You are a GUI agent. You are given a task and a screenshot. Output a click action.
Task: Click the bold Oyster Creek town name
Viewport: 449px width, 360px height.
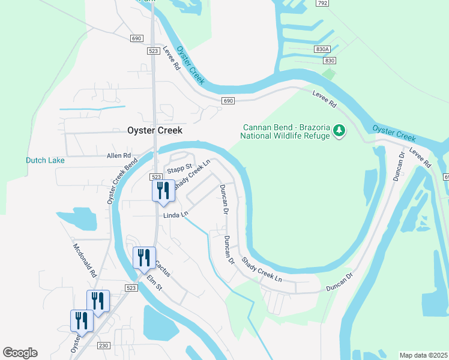coord(154,130)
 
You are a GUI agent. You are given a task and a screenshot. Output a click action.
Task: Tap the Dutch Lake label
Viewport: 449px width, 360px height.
coord(45,160)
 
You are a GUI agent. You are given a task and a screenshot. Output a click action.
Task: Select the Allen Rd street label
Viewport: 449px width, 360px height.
coord(118,155)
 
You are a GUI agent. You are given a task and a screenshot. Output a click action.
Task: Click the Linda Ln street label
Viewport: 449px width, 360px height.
coord(175,214)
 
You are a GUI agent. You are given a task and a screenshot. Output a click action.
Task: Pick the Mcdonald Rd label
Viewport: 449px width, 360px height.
coord(85,259)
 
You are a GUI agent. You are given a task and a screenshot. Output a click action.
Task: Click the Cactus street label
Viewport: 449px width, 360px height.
coord(163,268)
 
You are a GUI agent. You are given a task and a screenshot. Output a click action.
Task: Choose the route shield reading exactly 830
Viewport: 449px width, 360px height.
coord(329,61)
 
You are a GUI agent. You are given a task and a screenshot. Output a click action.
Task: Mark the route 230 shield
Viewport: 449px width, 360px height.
coord(104,345)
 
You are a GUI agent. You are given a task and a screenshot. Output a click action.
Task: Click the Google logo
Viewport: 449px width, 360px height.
coord(20,353)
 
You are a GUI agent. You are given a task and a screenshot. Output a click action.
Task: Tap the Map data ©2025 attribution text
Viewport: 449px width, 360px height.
coord(424,355)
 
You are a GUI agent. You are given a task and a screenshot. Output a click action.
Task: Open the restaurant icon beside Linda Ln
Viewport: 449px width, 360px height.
coord(162,191)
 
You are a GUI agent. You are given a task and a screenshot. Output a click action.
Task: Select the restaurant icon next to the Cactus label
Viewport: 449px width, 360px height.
coord(144,258)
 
